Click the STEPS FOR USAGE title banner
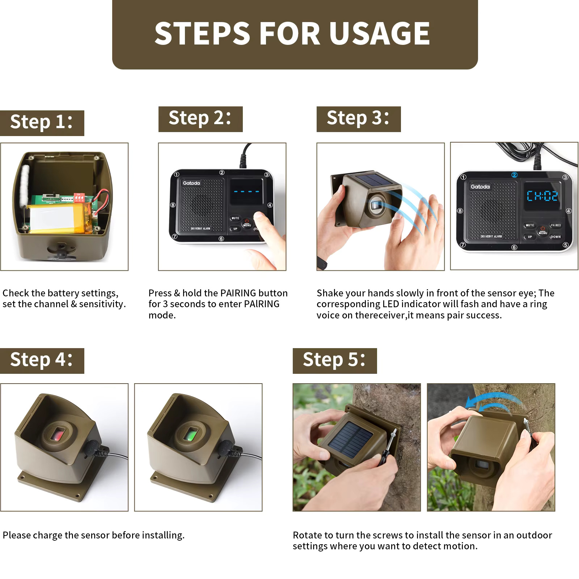pyautogui.click(x=295, y=34)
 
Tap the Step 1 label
pyautogui.click(x=42, y=123)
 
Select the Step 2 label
pyautogui.click(x=200, y=119)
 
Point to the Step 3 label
pyautogui.click(x=359, y=119)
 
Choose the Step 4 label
pyautogui.click(x=42, y=361)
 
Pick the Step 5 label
pyautogui.click(x=335, y=361)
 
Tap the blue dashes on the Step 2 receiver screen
pyautogui.click(x=246, y=191)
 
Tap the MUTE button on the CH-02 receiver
pyautogui.click(x=530, y=225)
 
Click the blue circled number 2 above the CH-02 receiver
pyautogui.click(x=514, y=175)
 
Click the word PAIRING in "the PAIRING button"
pyautogui.click(x=238, y=293)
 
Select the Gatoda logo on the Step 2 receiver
pyautogui.click(x=191, y=183)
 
